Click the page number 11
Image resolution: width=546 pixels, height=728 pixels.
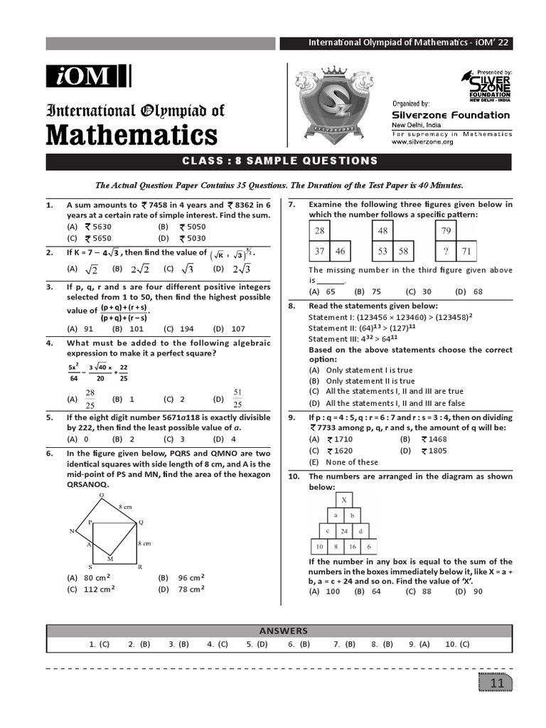(496, 683)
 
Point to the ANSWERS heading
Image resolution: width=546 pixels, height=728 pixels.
(283, 631)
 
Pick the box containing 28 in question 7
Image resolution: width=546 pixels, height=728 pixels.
(320, 230)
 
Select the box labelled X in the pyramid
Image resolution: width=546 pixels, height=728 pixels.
(344, 500)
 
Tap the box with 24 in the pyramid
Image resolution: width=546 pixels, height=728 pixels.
(343, 530)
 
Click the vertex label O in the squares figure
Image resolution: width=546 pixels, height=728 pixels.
(101, 495)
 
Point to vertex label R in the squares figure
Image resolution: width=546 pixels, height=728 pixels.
(139, 566)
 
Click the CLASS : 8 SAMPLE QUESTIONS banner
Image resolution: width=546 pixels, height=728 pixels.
(278, 161)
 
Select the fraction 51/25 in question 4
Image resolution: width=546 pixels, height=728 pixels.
(238, 398)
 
